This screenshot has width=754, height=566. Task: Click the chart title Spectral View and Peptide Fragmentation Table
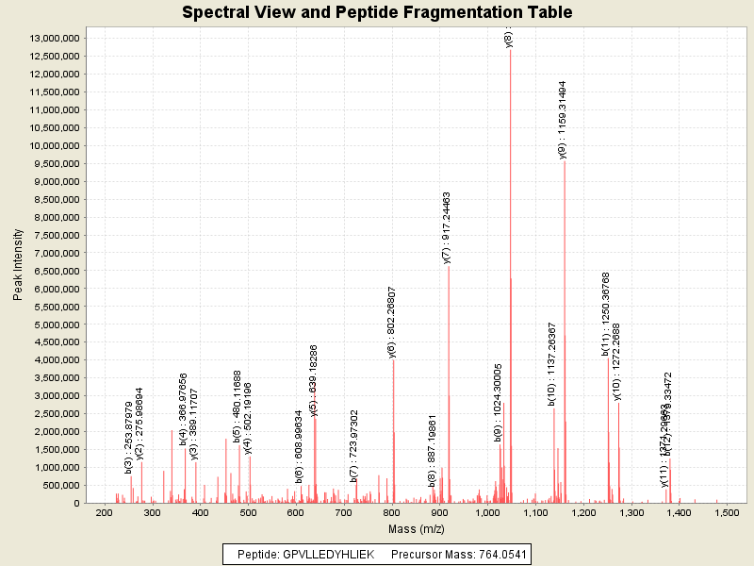point(377,12)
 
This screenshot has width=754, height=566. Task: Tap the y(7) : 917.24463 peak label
point(448,227)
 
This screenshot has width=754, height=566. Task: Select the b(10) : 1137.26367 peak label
point(552,363)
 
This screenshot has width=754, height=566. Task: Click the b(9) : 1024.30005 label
point(499,403)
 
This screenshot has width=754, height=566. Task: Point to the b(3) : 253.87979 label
point(129,438)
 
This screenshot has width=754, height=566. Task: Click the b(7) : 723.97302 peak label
point(354,445)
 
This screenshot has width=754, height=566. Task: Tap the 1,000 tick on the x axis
point(487,512)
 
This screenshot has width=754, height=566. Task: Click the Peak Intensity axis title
point(18,270)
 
